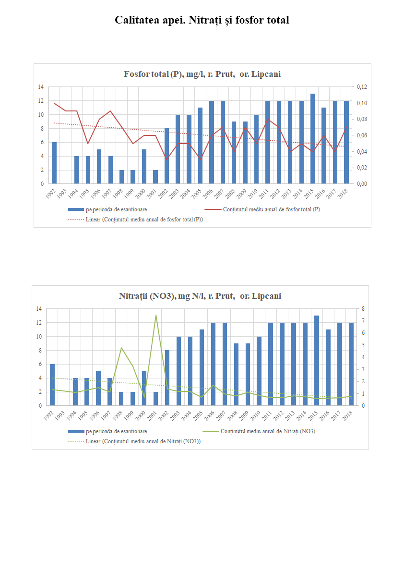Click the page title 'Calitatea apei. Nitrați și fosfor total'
pyautogui.click(x=202, y=20)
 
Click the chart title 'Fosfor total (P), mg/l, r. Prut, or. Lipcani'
pyautogui.click(x=202, y=74)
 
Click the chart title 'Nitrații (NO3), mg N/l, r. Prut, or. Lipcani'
pyautogui.click(x=200, y=296)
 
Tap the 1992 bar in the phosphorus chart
pyautogui.click(x=54, y=163)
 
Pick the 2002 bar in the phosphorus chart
pyautogui.click(x=166, y=156)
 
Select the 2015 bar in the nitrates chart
pyautogui.click(x=317, y=361)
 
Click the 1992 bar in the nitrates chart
pyautogui.click(x=52, y=385)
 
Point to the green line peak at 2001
pyautogui.click(x=156, y=315)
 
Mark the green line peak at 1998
pyautogui.click(x=121, y=348)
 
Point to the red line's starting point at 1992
pyautogui.click(x=54, y=103)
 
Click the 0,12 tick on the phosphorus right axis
pyautogui.click(x=362, y=87)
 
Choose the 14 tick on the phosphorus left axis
pyautogui.click(x=41, y=87)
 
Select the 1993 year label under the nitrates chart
pyautogui.click(x=59, y=414)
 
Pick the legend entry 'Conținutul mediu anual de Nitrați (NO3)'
pyautogui.click(x=268, y=431)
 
